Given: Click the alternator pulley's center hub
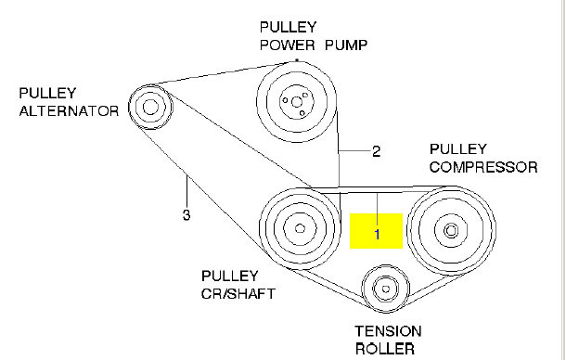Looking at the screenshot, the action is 150,107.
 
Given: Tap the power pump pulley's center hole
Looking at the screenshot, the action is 296,102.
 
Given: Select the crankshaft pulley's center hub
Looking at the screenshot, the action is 300,228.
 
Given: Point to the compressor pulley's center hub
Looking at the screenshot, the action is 451,230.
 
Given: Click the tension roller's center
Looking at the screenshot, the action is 385,289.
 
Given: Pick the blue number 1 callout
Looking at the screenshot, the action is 378,235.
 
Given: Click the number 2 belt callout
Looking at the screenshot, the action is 376,151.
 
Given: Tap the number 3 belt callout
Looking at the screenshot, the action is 187,215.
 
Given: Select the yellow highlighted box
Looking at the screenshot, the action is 376,231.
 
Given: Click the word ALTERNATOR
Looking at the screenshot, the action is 69,110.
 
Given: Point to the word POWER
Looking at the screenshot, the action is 288,45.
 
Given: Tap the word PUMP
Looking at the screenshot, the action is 346,45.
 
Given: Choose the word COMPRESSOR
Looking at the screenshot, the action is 483,167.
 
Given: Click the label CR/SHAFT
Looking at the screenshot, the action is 238,294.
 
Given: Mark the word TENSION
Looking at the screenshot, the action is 388,331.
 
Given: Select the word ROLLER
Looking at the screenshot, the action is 385,349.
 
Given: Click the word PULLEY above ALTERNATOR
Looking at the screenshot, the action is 47,93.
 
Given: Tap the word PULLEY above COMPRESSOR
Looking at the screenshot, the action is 458,149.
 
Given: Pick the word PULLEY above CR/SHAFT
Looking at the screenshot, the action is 230,276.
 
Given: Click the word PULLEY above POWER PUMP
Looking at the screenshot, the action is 288,27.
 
